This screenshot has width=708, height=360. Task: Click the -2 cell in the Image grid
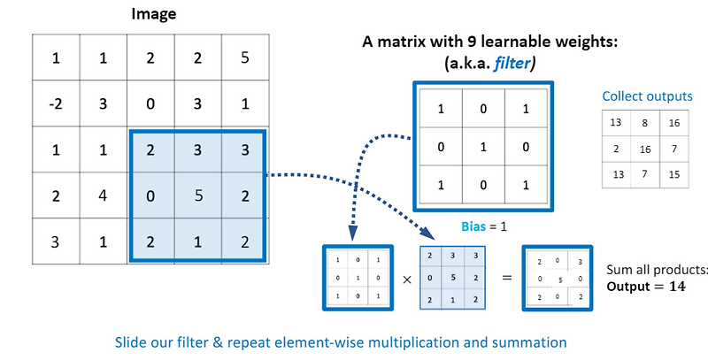coord(56,104)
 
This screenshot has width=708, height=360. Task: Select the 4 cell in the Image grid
coord(103,195)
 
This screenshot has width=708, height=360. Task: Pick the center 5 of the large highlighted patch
coord(197,195)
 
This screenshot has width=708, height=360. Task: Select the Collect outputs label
coord(647,96)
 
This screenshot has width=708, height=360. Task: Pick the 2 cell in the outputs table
coord(617,149)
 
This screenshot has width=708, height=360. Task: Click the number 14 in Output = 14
coord(676,286)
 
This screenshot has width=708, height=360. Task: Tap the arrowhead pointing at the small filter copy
coord(353,235)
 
